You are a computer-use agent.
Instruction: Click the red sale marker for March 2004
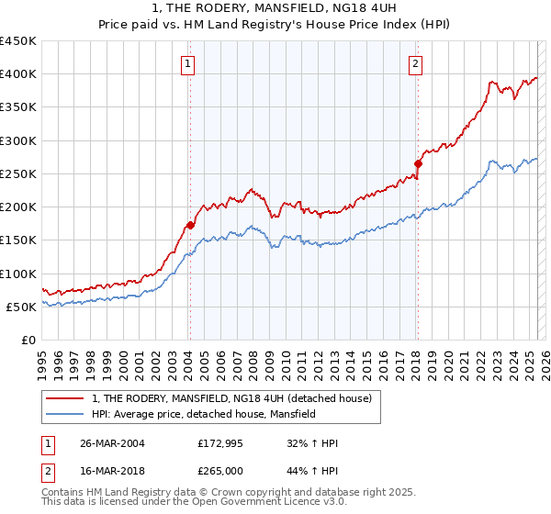pos(191,224)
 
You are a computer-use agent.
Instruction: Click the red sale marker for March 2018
pos(418,163)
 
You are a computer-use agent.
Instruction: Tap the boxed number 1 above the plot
pos(187,63)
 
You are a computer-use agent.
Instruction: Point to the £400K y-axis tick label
pos(18,74)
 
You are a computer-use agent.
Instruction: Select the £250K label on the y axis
pos(18,174)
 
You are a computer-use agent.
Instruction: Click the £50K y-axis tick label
pos(22,307)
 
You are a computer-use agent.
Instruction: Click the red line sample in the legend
pos(65,399)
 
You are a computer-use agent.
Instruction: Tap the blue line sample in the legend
pos(65,415)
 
